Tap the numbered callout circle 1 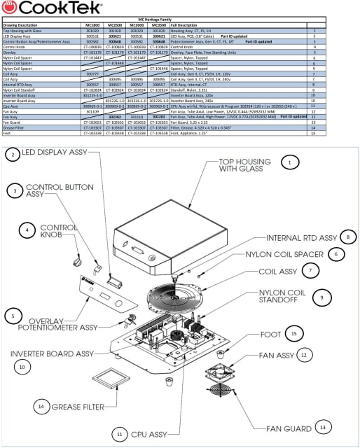click(288, 162)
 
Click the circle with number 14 click(41, 406)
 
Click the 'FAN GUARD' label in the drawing click(269, 428)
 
